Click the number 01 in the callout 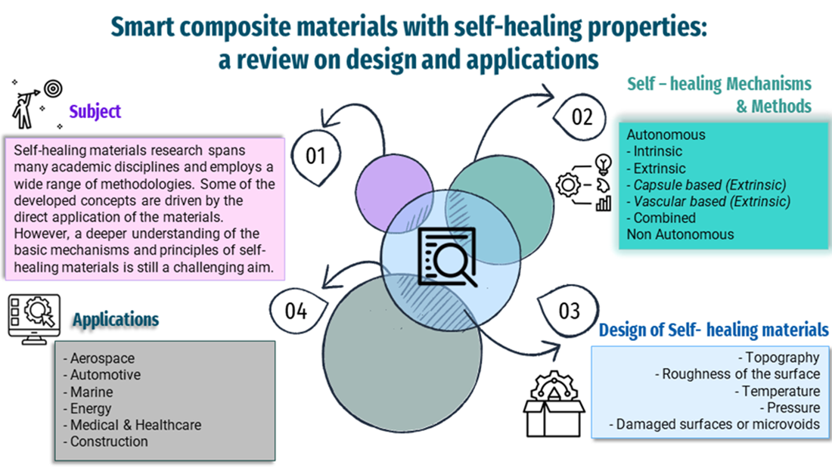[316, 156]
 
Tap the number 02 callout [582, 117]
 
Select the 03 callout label [569, 310]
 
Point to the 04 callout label [296, 310]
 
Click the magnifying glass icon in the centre [448, 257]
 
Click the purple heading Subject [95, 112]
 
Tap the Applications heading [116, 319]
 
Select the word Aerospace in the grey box [102, 358]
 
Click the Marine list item [92, 392]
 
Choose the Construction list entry [109, 442]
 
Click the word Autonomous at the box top [666, 135]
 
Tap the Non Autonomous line [680, 234]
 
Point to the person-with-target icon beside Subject [35, 105]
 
